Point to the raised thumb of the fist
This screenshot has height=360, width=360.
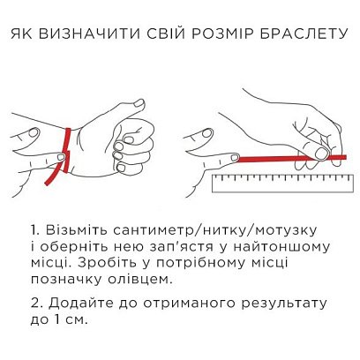click(140, 112)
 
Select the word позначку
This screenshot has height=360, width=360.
click(62, 280)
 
